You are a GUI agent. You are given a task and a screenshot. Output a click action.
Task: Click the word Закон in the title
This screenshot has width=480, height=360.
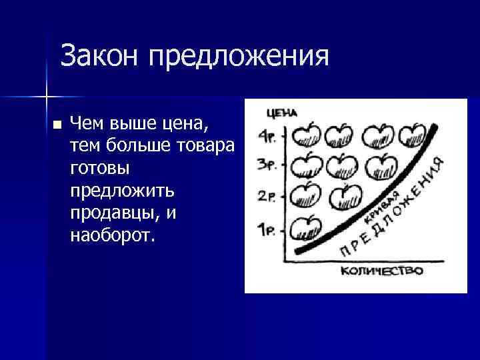(x=99, y=57)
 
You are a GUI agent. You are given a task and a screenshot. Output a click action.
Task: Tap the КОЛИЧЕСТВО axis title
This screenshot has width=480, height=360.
(x=382, y=271)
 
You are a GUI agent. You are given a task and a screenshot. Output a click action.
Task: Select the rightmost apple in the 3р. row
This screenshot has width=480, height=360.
(x=378, y=164)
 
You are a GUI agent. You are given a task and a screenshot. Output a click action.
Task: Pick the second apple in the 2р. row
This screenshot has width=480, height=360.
(x=345, y=196)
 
